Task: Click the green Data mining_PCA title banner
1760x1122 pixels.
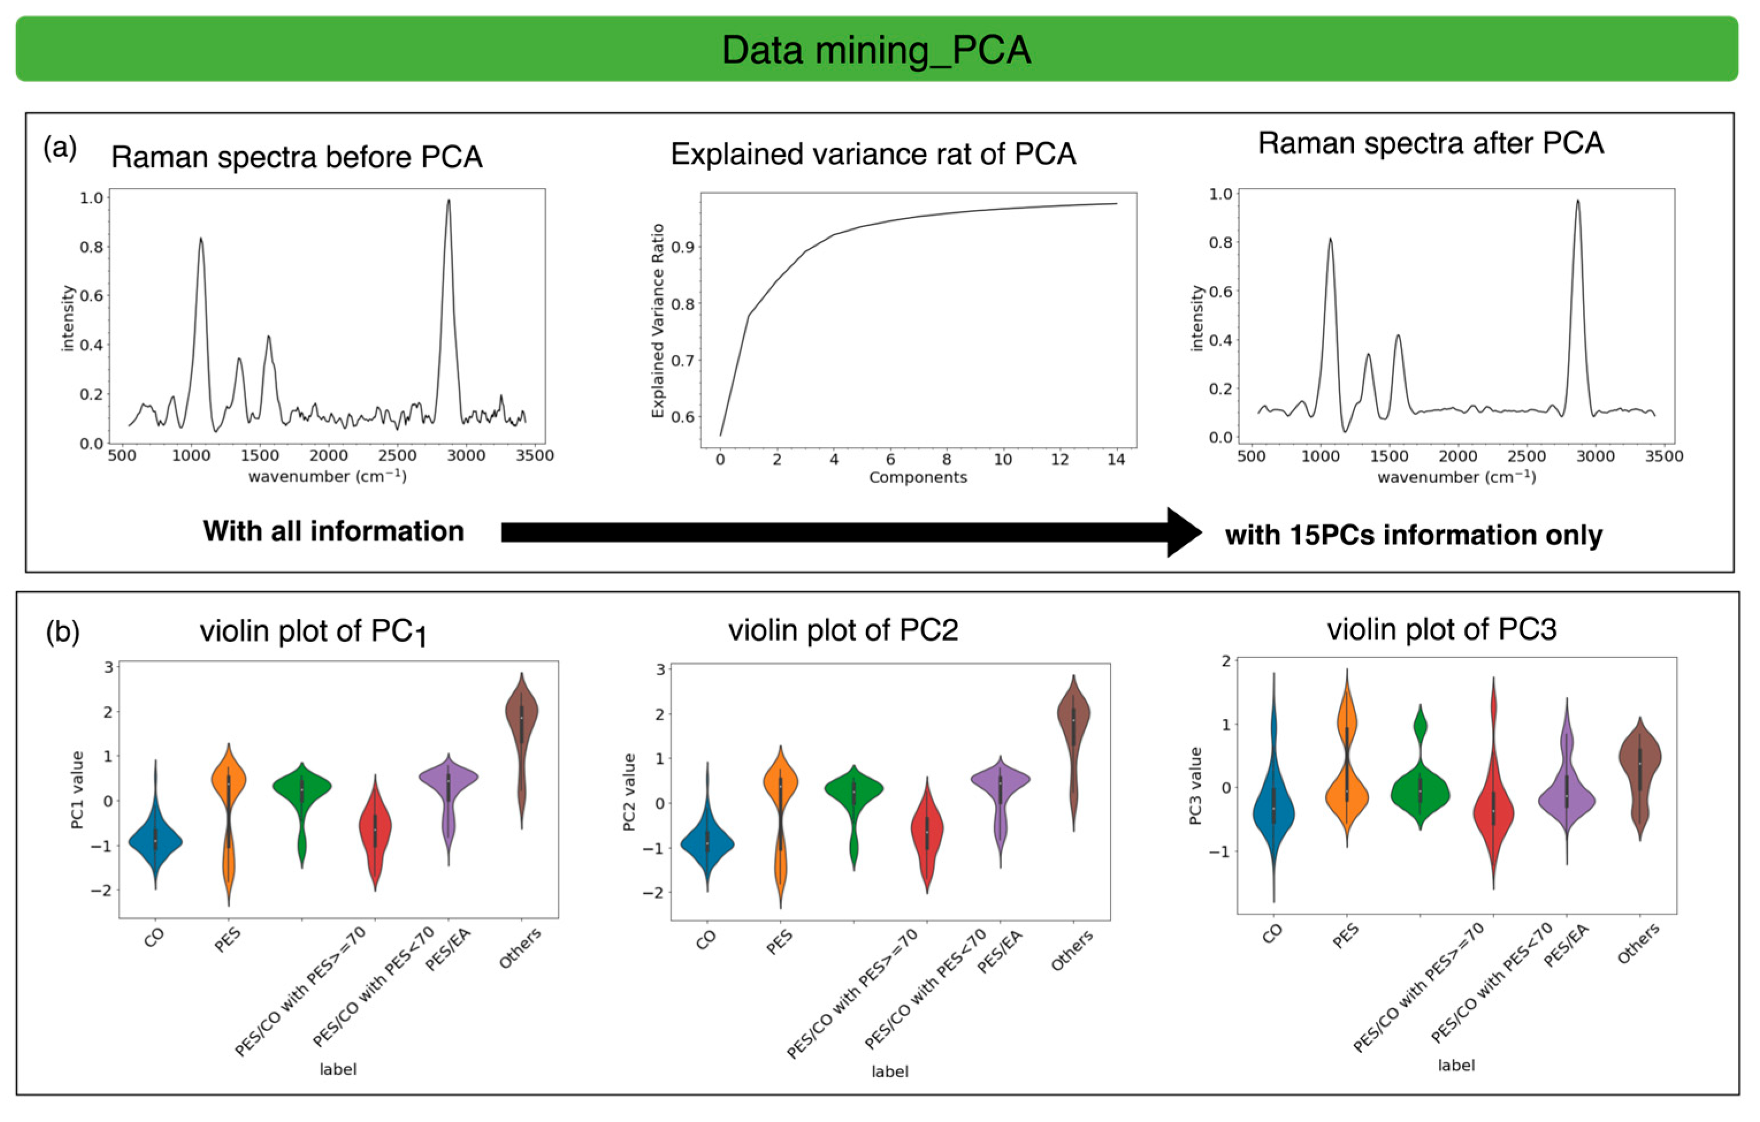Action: click(877, 49)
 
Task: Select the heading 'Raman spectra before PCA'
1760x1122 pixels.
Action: click(297, 157)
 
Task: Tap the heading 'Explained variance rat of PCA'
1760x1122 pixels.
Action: click(874, 154)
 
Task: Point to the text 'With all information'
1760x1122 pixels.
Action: click(333, 531)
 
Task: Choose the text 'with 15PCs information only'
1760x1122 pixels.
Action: click(1414, 535)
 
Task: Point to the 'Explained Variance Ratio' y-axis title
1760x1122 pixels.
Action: click(658, 321)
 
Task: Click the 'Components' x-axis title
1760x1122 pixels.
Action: click(917, 478)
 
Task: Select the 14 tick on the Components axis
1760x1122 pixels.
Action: click(1116, 459)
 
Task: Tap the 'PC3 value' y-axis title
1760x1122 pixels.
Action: click(1196, 786)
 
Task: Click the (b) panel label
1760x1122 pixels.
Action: click(63, 631)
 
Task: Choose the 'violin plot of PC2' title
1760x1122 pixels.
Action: click(843, 630)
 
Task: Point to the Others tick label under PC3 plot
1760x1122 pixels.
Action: click(1637, 944)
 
